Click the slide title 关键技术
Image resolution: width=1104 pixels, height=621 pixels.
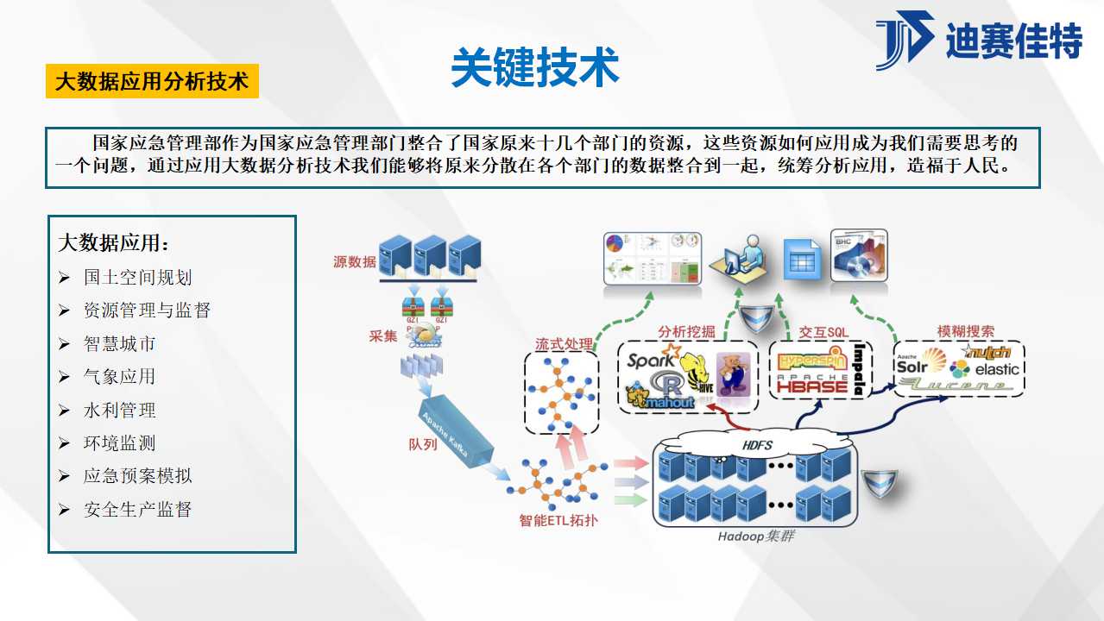tap(535, 67)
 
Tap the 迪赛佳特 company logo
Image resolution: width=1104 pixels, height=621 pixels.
tap(980, 41)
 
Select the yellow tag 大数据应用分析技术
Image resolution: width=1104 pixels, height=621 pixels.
tap(152, 82)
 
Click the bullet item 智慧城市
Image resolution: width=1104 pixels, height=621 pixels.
tap(120, 343)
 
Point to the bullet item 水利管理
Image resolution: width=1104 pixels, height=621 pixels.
tap(120, 410)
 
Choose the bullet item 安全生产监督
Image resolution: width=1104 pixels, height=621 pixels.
tap(138, 509)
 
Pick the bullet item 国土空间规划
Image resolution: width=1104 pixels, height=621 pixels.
tap(138, 277)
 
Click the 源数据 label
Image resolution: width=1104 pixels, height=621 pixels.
tap(354, 261)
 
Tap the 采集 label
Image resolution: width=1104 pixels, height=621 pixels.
tap(383, 336)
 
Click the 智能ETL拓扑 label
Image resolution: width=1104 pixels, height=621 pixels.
tap(558, 520)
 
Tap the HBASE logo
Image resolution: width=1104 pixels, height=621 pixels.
tap(812, 386)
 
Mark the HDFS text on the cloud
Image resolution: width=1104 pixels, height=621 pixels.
tap(758, 445)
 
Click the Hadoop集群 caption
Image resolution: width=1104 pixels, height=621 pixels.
tap(756, 536)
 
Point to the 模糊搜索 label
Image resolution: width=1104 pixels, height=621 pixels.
tap(965, 331)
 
